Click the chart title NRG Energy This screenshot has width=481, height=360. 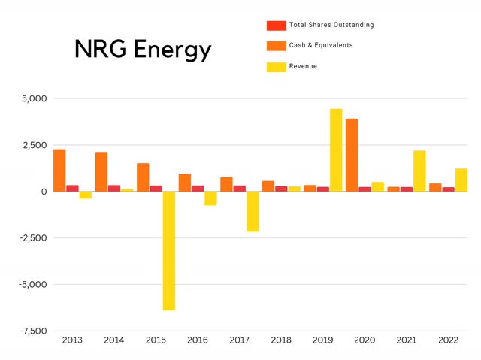click(142, 50)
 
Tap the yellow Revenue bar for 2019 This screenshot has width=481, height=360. click(335, 150)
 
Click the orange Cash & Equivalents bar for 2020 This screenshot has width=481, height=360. click(352, 155)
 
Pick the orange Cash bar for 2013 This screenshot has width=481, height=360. click(59, 171)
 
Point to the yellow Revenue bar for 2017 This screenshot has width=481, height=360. click(253, 211)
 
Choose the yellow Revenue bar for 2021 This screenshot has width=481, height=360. click(419, 171)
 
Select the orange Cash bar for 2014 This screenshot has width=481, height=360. click(101, 172)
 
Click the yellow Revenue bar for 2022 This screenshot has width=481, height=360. click(461, 180)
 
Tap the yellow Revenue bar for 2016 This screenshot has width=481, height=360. click(210, 198)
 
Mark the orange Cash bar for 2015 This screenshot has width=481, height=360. click(143, 177)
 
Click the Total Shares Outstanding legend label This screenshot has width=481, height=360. click(331, 25)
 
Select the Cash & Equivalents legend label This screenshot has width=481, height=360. click(320, 45)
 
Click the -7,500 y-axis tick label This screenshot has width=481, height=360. click(31, 331)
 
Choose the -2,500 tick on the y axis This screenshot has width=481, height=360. click(31, 238)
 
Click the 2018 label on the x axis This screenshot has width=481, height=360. click(281, 340)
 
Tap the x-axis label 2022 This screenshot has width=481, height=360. click(448, 340)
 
